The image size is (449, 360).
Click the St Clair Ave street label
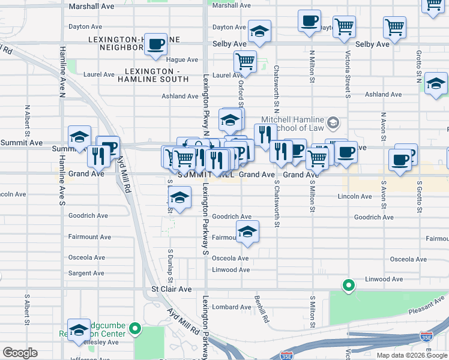pos(171,289)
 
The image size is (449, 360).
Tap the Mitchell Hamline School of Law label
pos(292,124)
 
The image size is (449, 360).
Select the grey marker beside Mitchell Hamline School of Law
pos(334,124)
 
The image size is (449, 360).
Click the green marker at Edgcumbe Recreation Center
pos(136,328)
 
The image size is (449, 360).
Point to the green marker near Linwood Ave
pos(348,285)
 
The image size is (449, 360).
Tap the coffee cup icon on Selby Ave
pos(156,44)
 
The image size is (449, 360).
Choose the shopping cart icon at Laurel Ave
pos(245,61)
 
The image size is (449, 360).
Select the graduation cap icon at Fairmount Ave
pos(246,232)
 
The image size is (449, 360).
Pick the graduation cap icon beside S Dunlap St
pos(179,197)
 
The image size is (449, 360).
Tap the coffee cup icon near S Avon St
pos(400,159)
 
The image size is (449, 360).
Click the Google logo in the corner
pos(20,353)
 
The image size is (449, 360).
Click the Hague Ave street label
pos(182,60)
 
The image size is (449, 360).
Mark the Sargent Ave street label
pos(86,273)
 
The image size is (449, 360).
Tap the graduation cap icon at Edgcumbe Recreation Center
pos(79,329)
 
